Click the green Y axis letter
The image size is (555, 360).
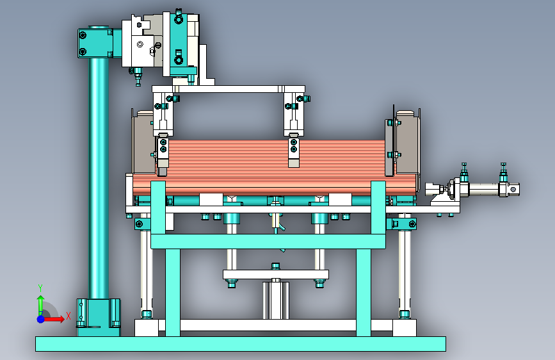click(40, 288)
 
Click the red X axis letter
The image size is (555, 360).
click(68, 316)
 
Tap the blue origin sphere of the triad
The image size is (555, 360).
click(41, 319)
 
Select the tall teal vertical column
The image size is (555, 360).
click(99, 177)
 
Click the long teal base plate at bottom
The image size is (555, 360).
click(240, 344)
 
